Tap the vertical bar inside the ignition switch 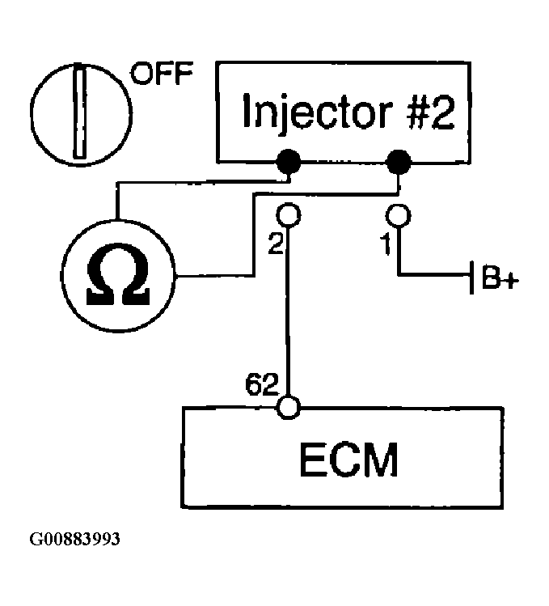80,112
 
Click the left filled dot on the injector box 288,162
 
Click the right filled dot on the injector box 399,162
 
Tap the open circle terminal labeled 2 288,214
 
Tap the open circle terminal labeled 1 399,215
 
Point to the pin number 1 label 386,244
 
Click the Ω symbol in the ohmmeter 118,274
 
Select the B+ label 500,277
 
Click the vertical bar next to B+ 471,278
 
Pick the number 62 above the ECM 261,384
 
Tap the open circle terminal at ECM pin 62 288,407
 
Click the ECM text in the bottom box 348,460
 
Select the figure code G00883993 75,539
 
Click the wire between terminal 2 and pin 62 288,311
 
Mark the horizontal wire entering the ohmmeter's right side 214,276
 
